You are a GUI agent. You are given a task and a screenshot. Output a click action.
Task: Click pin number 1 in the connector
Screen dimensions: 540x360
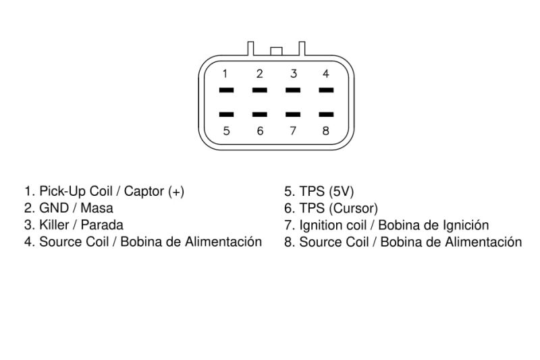(225, 74)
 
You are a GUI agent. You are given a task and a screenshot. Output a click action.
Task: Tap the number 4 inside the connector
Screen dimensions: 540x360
(326, 74)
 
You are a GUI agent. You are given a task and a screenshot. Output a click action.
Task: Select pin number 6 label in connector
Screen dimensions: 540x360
(260, 131)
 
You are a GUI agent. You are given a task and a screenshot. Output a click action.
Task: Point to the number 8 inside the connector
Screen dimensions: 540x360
(326, 131)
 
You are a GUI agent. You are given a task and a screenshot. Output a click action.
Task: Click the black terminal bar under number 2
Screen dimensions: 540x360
(260, 91)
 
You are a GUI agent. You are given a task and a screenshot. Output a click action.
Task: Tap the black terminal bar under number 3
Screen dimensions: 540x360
(293, 91)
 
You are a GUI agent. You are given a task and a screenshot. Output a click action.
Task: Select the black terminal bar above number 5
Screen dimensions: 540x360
(226, 114)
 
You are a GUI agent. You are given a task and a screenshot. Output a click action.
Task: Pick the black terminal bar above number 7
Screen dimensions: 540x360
(293, 114)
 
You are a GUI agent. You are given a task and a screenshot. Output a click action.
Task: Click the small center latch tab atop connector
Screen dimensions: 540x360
(276, 51)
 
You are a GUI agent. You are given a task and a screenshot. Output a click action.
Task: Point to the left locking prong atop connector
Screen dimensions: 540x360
(250, 49)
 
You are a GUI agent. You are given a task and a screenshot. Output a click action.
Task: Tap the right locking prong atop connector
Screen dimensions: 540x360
(302, 49)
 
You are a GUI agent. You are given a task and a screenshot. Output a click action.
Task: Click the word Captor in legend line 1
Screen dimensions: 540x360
(144, 191)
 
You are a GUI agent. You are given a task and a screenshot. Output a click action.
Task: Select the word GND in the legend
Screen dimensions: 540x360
(54, 208)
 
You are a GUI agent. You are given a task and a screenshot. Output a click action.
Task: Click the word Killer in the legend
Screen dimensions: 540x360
(54, 225)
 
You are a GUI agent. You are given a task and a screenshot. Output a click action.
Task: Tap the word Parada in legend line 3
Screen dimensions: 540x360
(102, 225)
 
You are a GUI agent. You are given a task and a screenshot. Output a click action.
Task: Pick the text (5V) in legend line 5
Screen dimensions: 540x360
(341, 192)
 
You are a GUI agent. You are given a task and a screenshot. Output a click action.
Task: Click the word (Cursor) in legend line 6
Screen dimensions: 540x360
(353, 209)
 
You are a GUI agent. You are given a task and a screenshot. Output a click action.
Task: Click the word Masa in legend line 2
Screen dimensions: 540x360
(97, 208)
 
